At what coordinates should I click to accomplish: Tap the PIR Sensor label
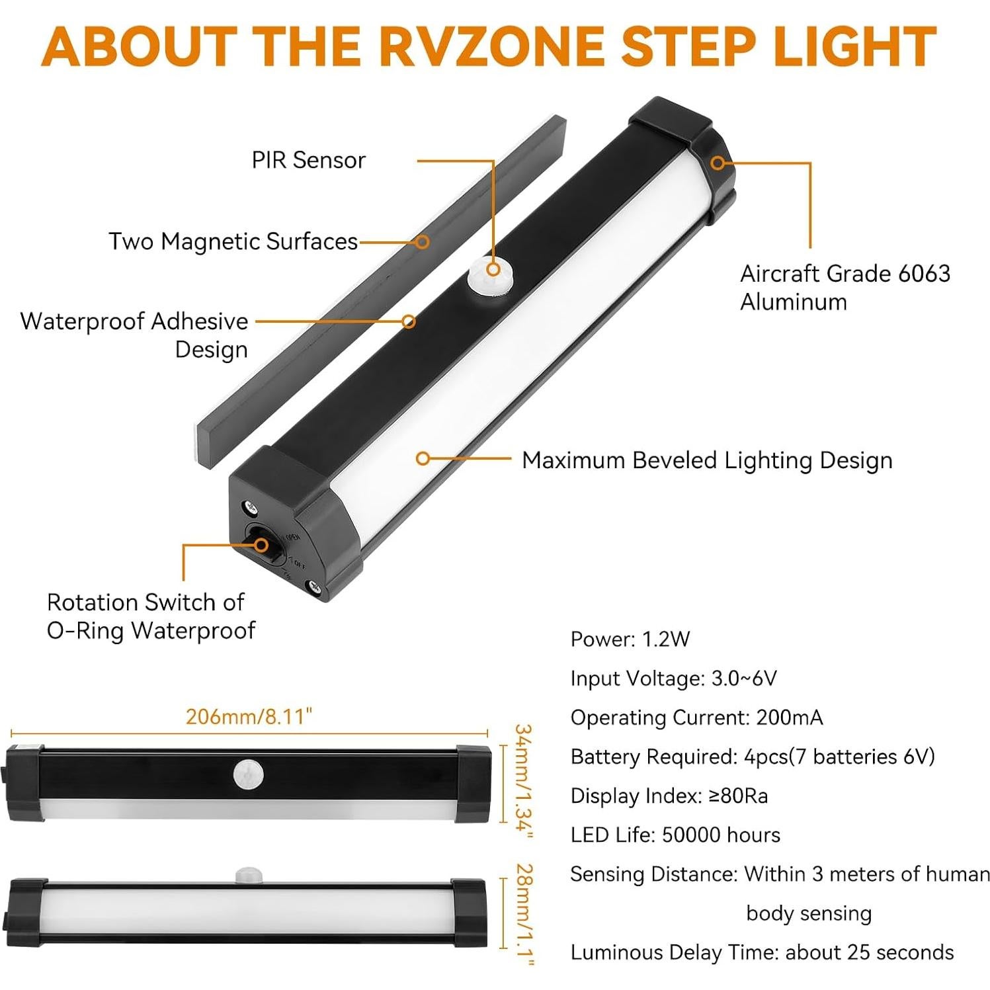click(308, 160)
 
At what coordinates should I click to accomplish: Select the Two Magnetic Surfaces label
click(233, 241)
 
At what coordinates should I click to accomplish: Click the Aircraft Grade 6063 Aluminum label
click(845, 287)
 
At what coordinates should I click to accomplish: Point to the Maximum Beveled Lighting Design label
click(706, 460)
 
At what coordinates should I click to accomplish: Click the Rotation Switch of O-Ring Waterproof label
click(150, 616)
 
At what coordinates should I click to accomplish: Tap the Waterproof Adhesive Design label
click(134, 335)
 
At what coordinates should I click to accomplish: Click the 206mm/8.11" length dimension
click(249, 717)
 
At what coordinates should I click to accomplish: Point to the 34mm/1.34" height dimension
click(523, 782)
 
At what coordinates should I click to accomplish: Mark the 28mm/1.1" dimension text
click(523, 913)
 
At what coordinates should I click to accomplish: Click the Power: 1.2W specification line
click(630, 639)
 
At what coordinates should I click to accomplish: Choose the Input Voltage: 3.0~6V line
click(673, 678)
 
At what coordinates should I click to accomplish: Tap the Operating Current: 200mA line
click(696, 718)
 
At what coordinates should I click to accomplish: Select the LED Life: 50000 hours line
click(675, 835)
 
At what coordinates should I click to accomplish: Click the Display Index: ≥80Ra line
click(669, 796)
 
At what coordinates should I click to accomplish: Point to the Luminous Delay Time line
click(762, 952)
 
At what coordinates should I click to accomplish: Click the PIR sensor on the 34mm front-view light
click(248, 774)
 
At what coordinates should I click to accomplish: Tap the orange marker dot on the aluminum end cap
click(718, 163)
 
